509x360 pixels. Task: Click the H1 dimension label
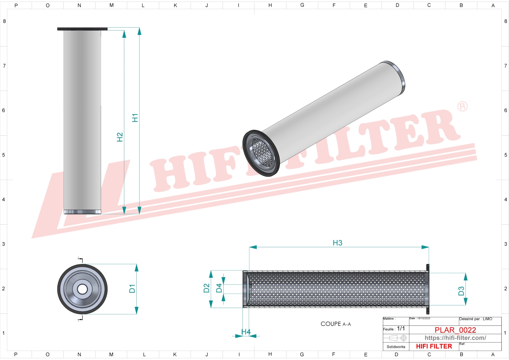pyautogui.click(x=135, y=118)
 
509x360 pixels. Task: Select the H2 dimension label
pyautogui.click(x=120, y=137)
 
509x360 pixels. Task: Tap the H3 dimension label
pyautogui.click(x=337, y=243)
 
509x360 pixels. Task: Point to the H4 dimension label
pyautogui.click(x=246, y=332)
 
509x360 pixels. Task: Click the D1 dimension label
pyautogui.click(x=132, y=289)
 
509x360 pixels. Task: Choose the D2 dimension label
pyautogui.click(x=206, y=288)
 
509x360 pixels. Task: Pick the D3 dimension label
pyautogui.click(x=461, y=291)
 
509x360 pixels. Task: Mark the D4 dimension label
pyautogui.click(x=219, y=288)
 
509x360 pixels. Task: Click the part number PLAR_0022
pyautogui.click(x=455, y=330)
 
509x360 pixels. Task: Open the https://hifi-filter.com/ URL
pyautogui.click(x=455, y=338)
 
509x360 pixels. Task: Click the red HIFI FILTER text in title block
pyautogui.click(x=434, y=346)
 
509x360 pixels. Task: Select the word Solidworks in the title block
pyautogui.click(x=396, y=347)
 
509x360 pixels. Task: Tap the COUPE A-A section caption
pyautogui.click(x=336, y=324)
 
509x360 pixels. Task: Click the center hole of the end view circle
pyautogui.click(x=83, y=289)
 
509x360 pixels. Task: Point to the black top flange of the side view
pyautogui.click(x=83, y=29)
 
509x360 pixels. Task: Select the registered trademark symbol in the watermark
pyautogui.click(x=462, y=106)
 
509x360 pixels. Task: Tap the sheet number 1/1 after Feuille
pyautogui.click(x=401, y=328)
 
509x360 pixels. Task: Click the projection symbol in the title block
pyautogui.click(x=398, y=338)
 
